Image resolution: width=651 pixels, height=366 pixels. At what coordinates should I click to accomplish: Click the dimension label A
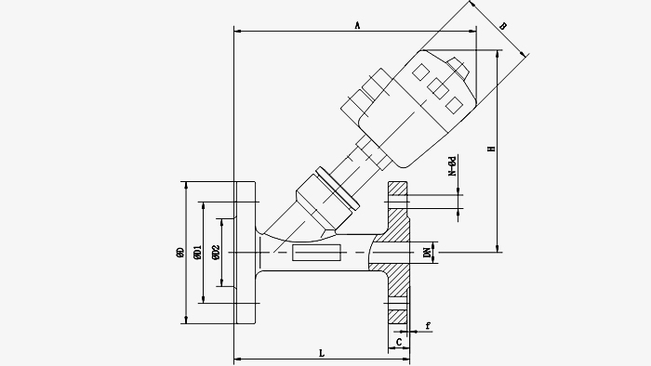pyautogui.click(x=357, y=26)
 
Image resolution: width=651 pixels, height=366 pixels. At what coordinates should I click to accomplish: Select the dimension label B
pyautogui.click(x=503, y=26)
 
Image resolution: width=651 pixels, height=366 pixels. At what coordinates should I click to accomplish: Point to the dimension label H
pyautogui.click(x=492, y=149)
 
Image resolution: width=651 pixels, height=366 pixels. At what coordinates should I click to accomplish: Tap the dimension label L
pyautogui.click(x=322, y=353)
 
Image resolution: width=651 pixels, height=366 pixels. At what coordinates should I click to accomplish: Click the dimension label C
pyautogui.click(x=399, y=343)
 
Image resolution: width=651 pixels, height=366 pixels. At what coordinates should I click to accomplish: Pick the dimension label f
pyautogui.click(x=428, y=326)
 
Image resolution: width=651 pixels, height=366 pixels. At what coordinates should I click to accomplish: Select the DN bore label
pyautogui.click(x=427, y=253)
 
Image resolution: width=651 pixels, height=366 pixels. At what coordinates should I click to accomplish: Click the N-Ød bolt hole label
pyautogui.click(x=452, y=166)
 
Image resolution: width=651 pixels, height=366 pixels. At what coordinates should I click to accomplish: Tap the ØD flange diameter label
pyautogui.click(x=180, y=253)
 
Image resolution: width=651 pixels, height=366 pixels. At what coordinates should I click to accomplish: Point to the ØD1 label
pyautogui.click(x=197, y=253)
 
